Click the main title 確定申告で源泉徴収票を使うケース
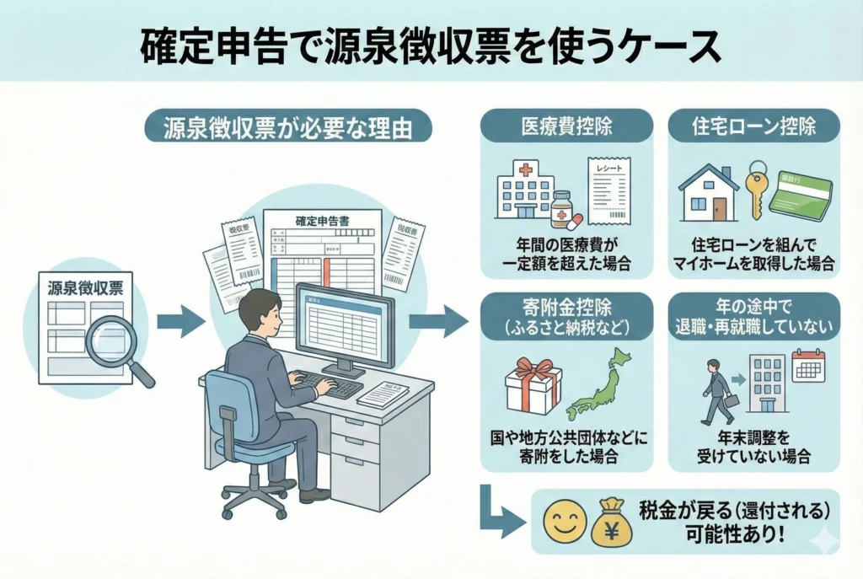coord(431,47)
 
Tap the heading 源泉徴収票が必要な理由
coord(287,127)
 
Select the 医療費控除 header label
coord(566,126)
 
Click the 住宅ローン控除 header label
coord(754,126)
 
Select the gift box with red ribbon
coord(533,383)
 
